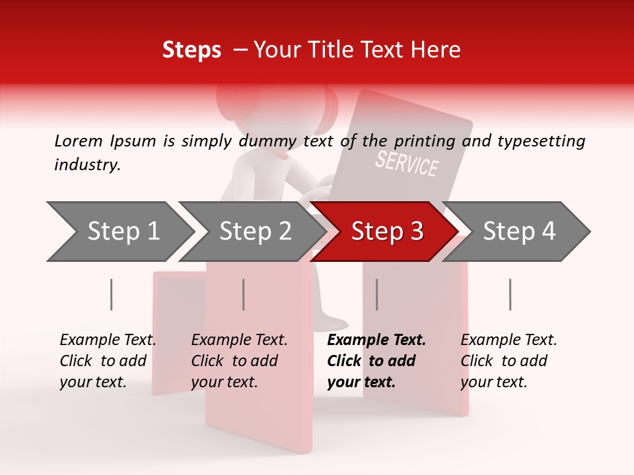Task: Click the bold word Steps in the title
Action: click(192, 50)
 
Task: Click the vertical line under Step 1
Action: click(112, 294)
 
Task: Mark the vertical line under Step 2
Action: click(244, 294)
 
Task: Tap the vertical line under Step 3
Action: click(377, 294)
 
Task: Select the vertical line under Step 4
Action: click(511, 294)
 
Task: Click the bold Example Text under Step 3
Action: click(376, 340)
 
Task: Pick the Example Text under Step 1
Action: click(108, 340)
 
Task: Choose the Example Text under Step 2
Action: click(239, 340)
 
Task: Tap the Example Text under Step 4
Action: click(509, 340)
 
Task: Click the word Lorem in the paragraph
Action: click(79, 141)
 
